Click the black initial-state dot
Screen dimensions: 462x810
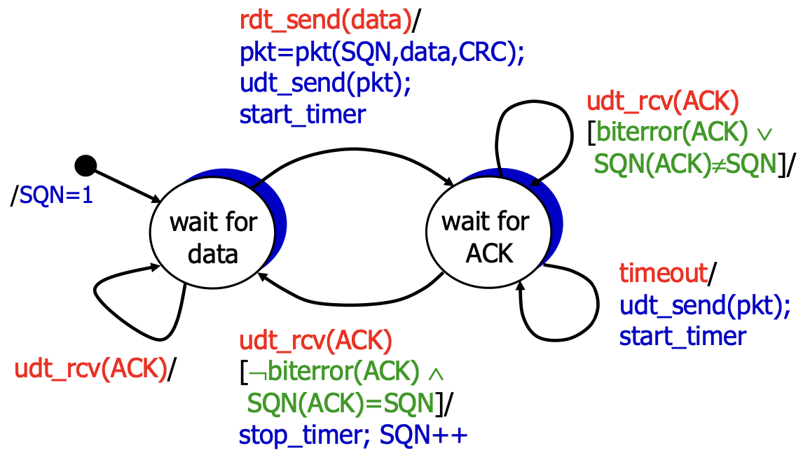[85, 166]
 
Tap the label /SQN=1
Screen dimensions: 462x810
[52, 195]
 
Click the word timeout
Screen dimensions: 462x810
[662, 274]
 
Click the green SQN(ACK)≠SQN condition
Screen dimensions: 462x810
[685, 164]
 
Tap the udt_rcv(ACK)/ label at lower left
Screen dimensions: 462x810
[91, 369]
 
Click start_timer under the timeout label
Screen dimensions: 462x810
[682, 336]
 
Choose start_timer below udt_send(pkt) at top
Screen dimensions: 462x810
[303, 113]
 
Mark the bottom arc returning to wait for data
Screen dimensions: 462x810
[350, 300]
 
